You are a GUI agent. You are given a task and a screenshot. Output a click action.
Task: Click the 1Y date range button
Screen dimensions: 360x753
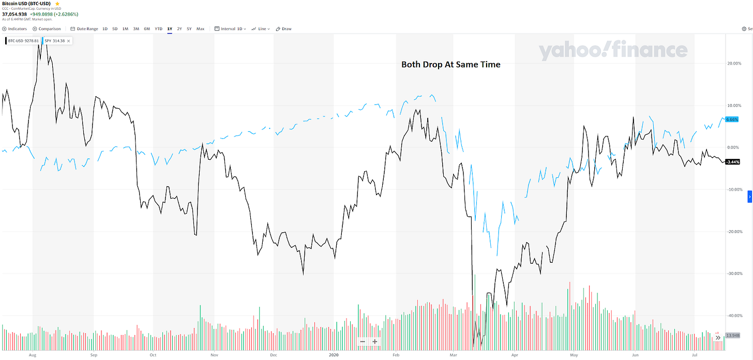[169, 29]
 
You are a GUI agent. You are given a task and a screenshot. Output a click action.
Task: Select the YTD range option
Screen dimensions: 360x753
[158, 29]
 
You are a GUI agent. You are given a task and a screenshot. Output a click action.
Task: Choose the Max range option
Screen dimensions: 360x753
[200, 29]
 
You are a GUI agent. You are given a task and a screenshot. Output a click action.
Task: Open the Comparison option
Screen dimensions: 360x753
[47, 29]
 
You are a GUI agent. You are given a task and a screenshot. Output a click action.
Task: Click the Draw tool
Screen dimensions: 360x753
[283, 29]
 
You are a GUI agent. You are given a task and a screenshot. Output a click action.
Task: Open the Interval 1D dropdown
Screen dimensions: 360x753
[230, 29]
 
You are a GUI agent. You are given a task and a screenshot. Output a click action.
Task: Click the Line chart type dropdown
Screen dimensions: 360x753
[261, 29]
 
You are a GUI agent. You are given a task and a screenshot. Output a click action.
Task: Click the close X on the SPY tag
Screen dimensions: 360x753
[69, 40]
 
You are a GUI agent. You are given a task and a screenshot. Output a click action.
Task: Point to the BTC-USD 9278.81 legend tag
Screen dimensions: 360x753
[23, 40]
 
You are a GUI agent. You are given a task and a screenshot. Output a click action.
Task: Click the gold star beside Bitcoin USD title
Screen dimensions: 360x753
[57, 4]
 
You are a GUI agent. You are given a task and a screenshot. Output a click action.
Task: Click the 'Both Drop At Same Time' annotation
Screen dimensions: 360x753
[451, 65]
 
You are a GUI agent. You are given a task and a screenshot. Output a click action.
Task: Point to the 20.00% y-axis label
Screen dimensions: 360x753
[734, 64]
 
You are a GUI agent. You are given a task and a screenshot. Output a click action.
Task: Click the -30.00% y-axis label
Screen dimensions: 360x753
[734, 274]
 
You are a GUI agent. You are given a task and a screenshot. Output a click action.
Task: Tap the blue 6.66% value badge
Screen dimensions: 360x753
[732, 119]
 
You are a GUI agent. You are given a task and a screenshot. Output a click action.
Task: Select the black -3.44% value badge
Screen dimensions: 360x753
[732, 162]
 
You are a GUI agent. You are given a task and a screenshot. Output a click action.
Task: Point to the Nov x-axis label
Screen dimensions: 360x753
[214, 355]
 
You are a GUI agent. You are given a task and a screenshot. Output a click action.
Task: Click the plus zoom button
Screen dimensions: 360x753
[375, 341]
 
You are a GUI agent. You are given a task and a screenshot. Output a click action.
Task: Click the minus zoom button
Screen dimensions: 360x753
[363, 341]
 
